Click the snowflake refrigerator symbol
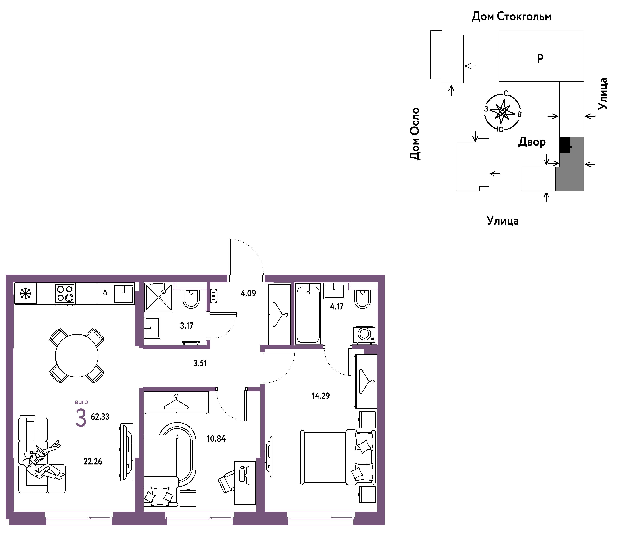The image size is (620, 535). [x=25, y=293]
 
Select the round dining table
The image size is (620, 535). [x=77, y=356]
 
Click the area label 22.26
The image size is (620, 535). [x=93, y=461]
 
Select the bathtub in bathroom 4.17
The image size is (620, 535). [x=308, y=314]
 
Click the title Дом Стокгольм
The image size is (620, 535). [x=512, y=17]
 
